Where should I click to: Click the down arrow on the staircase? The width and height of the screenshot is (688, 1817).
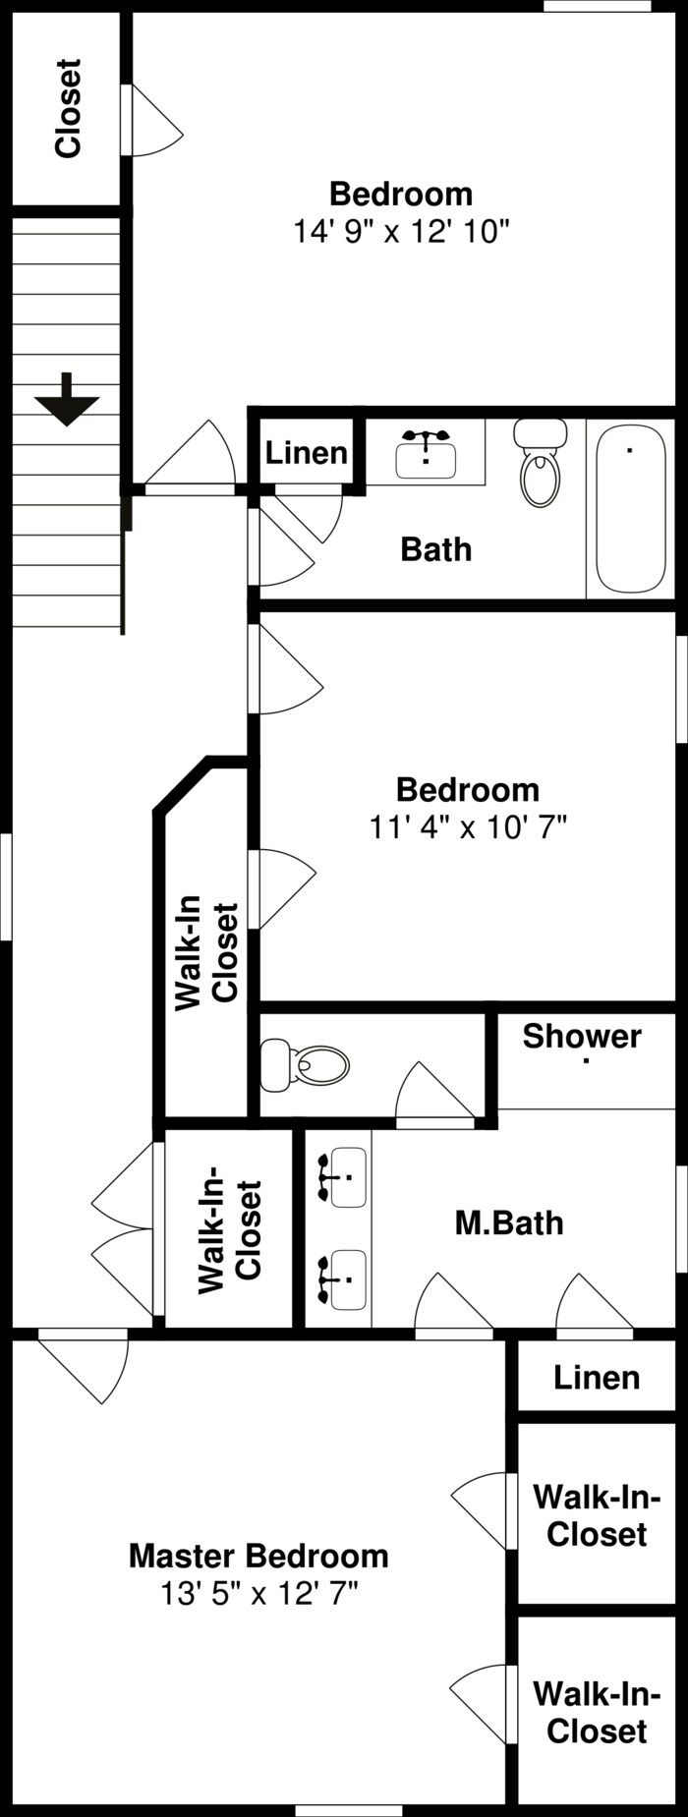(67, 398)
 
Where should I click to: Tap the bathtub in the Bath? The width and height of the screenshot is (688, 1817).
(630, 508)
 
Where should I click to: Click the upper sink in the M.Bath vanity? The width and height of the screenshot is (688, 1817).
(343, 1176)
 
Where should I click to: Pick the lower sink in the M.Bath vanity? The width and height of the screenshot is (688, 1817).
(343, 1278)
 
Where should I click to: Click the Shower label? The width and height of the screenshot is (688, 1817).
(582, 1036)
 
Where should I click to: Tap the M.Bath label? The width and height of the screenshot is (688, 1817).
(509, 1222)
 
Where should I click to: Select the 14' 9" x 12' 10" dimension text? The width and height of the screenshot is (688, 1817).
(401, 232)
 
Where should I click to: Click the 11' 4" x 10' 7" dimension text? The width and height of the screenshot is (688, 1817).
(468, 827)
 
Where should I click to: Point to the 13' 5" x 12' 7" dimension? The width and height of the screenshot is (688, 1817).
(258, 1593)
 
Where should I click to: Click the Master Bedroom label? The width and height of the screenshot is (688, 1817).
(258, 1556)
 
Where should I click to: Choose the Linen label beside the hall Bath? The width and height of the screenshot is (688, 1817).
(306, 453)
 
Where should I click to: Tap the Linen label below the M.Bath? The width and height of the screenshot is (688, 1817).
(596, 1378)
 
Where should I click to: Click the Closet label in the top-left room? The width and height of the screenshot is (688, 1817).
(68, 108)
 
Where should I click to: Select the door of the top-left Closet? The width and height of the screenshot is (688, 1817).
(152, 120)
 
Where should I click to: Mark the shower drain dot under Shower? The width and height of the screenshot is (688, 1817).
(587, 1061)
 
